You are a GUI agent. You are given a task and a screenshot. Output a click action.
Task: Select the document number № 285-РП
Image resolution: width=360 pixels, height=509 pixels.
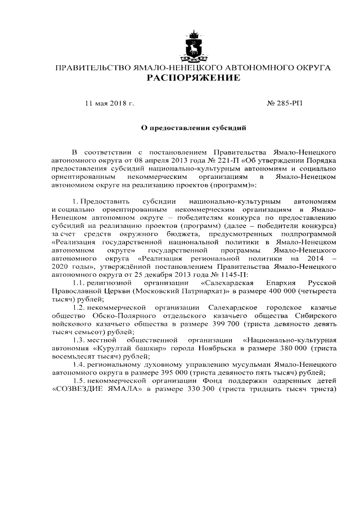[x=283, y=103]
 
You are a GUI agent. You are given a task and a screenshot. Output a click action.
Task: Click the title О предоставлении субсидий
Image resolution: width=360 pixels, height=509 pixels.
[x=193, y=128]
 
